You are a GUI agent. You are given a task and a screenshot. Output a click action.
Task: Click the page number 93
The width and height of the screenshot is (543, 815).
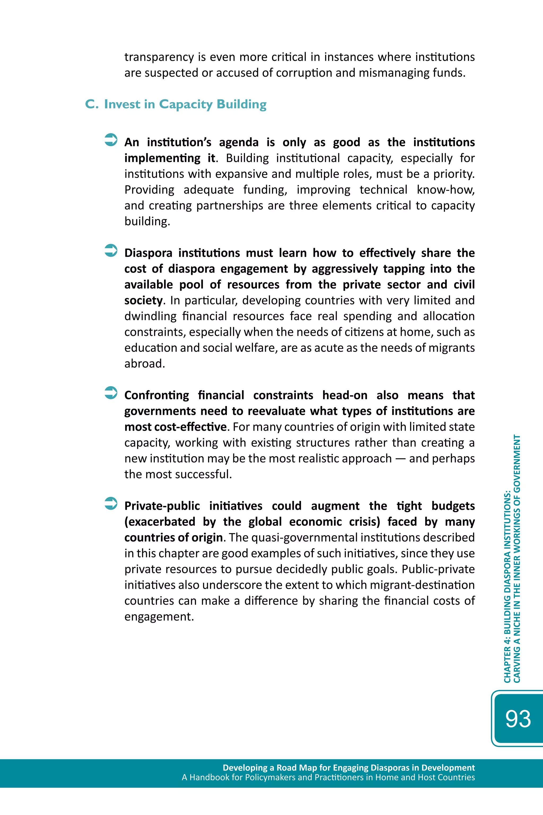(518, 719)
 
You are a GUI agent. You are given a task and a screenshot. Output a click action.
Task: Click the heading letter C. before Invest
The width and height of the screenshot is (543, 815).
(92, 104)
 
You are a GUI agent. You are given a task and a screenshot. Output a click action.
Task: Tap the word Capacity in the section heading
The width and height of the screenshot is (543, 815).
(186, 104)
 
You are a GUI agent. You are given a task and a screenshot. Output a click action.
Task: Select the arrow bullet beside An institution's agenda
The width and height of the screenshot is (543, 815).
(111, 140)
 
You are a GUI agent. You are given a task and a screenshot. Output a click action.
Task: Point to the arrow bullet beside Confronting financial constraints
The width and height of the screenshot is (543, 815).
(111, 393)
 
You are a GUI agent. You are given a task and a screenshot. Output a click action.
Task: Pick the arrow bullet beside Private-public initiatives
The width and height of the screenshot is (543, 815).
(111, 503)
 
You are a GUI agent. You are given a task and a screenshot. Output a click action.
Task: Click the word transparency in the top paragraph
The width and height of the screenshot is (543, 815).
(159, 57)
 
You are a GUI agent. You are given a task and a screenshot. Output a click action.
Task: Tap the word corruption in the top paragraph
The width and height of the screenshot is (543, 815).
(301, 73)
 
